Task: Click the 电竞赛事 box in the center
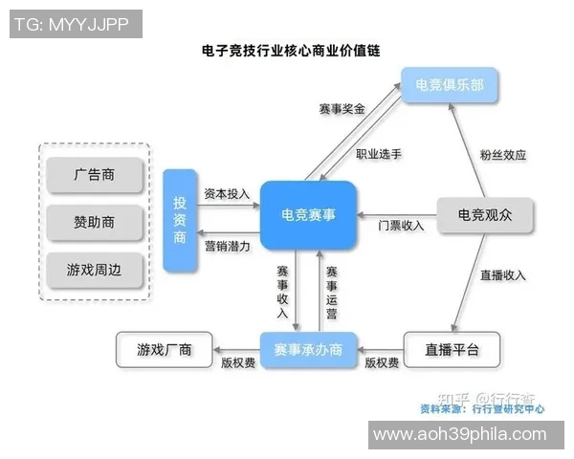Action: point(308,215)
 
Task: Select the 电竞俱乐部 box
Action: point(449,86)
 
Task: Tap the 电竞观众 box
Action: point(485,215)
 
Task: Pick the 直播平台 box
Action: point(452,350)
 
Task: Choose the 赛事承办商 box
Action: point(308,350)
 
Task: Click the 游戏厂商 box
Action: point(165,350)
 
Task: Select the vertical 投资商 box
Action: point(180,220)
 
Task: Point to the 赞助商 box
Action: point(95,222)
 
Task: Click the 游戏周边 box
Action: point(95,270)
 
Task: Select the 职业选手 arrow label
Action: point(379,153)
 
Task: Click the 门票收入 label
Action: point(401,226)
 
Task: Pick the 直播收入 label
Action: point(503,275)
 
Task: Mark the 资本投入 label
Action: point(227,194)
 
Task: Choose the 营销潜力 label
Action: point(227,246)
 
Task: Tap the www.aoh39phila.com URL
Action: point(459,434)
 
